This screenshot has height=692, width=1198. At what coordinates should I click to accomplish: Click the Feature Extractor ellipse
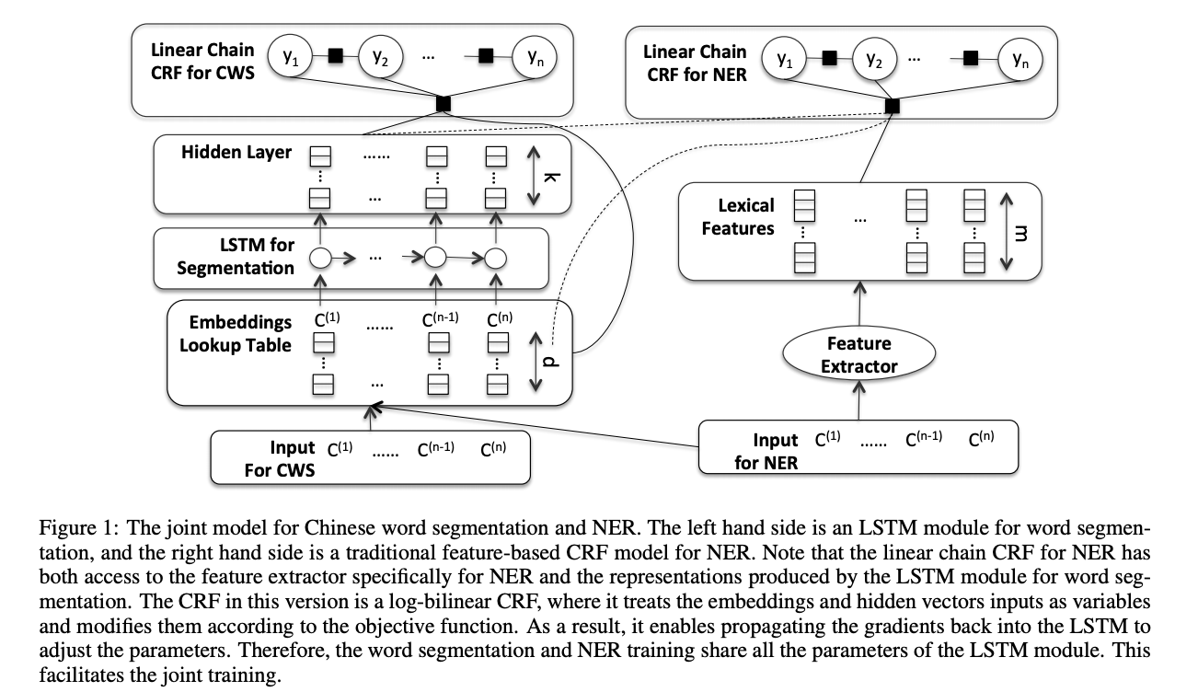(x=858, y=354)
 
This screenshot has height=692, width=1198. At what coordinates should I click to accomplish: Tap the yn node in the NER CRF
(x=1019, y=60)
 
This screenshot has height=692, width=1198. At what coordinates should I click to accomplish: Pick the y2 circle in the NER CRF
(x=874, y=60)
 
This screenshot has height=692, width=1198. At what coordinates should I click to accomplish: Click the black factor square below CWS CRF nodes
(x=443, y=103)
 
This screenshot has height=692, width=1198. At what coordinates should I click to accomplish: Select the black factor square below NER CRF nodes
(x=891, y=107)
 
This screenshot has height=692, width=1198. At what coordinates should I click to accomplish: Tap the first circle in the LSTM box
(x=319, y=258)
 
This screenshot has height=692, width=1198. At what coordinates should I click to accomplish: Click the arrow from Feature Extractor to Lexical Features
(x=858, y=304)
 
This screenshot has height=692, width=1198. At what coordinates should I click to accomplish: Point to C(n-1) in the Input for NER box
(x=924, y=440)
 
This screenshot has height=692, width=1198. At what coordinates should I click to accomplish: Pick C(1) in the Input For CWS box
(x=340, y=451)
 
